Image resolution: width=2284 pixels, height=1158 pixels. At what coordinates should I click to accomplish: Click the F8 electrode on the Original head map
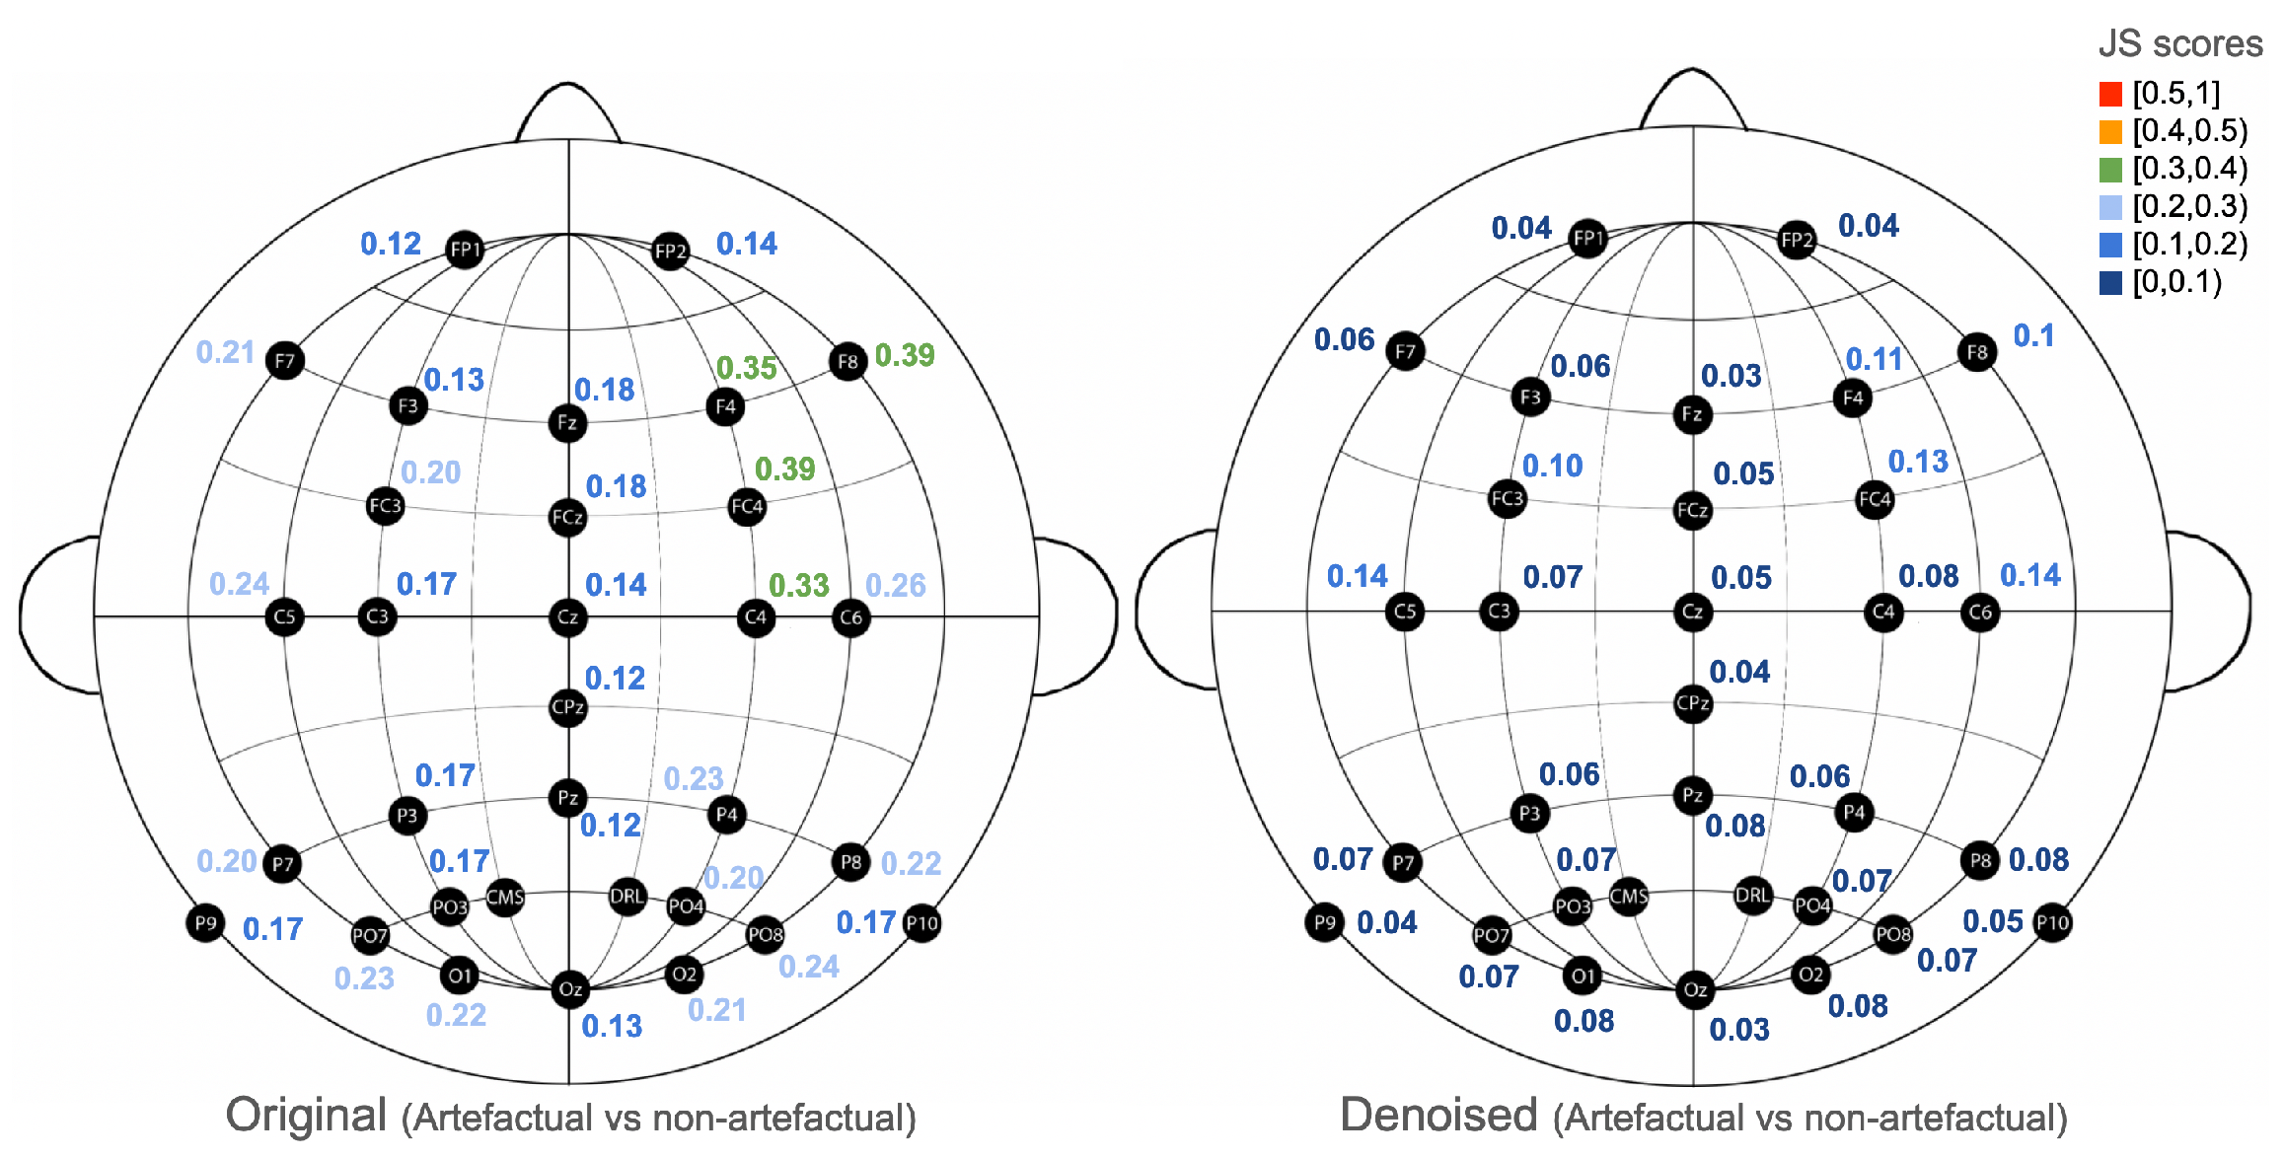[x=847, y=362]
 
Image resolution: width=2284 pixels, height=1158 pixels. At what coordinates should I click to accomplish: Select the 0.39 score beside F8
[x=905, y=355]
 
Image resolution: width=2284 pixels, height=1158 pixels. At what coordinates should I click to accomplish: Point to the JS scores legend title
[x=2179, y=44]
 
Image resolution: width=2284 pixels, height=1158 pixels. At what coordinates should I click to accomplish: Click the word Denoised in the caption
[x=1438, y=1116]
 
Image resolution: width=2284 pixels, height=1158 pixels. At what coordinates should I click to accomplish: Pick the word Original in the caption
[x=306, y=1116]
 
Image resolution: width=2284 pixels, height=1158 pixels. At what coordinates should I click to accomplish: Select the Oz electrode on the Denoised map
[x=1694, y=989]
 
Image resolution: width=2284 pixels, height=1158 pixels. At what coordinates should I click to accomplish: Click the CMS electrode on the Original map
[x=505, y=898]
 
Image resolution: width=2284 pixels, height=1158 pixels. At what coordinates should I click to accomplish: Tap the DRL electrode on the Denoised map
[x=1752, y=896]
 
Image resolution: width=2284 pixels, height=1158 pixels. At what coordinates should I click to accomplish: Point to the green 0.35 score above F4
[x=747, y=368]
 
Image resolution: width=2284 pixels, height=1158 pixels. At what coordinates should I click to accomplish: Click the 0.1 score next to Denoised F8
[x=2033, y=336]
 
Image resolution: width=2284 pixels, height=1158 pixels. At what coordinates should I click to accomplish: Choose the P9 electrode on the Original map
[x=205, y=923]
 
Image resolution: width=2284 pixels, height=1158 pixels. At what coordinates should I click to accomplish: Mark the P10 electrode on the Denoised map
[x=2052, y=923]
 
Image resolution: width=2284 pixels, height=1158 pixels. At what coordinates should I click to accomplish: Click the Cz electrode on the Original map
[x=567, y=617]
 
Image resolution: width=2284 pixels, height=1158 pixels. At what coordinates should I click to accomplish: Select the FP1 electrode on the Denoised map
[x=1587, y=239]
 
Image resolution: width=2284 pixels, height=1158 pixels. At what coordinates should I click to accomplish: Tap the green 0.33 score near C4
[x=799, y=586]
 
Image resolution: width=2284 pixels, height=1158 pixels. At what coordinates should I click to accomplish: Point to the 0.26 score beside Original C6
[x=896, y=586]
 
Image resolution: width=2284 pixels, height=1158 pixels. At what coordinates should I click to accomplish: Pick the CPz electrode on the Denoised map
[x=1693, y=704]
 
